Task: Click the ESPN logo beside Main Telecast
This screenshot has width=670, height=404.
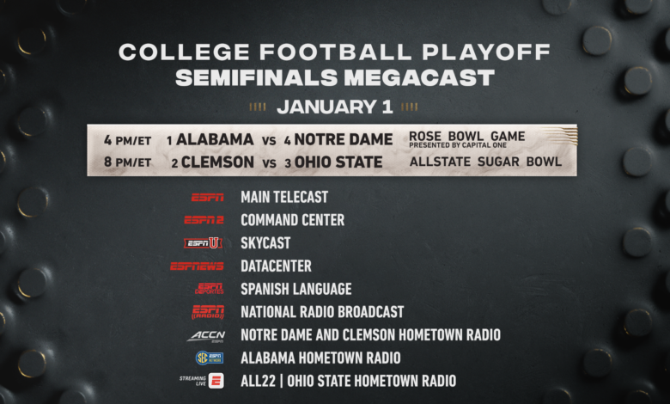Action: tap(207, 198)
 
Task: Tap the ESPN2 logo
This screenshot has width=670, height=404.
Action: tap(204, 220)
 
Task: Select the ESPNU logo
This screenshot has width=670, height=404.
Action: tap(203, 243)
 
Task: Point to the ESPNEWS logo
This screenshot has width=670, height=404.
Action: tap(197, 266)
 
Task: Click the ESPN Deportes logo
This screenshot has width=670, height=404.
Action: tap(210, 289)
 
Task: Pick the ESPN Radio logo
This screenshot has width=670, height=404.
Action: tap(208, 313)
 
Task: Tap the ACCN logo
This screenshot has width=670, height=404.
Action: tap(206, 336)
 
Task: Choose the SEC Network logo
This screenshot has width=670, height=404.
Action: tap(210, 358)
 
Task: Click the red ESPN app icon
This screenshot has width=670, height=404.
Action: tap(216, 381)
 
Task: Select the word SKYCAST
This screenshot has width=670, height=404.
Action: tap(265, 242)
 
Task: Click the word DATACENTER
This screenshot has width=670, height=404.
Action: tap(276, 266)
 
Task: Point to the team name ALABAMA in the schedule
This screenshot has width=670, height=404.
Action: tap(215, 139)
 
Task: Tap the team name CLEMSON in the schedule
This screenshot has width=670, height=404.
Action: tap(217, 162)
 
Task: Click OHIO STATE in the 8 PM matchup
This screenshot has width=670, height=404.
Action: tap(338, 162)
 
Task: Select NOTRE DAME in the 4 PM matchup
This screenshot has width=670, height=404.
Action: tap(344, 139)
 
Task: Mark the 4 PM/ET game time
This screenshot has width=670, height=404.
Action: tap(127, 140)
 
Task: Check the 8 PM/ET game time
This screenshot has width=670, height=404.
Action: tap(127, 162)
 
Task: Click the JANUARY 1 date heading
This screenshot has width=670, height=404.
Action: tap(335, 107)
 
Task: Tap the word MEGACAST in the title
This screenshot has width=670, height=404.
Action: tap(419, 78)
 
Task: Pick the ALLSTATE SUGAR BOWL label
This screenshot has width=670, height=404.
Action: tap(485, 162)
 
